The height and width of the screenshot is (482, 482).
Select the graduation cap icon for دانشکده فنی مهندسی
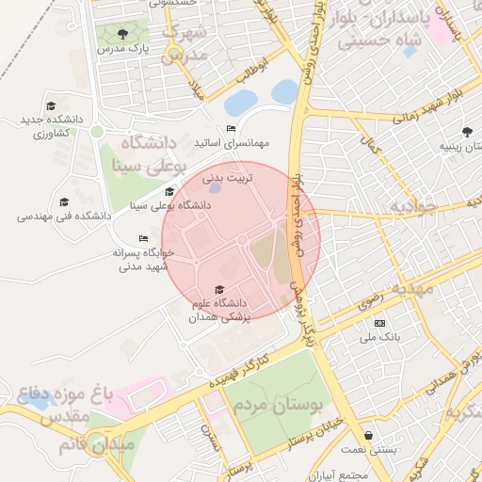[x=64, y=201]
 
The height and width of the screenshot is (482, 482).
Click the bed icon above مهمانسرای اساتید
[x=231, y=128]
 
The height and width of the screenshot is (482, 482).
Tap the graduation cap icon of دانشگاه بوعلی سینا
[x=169, y=192]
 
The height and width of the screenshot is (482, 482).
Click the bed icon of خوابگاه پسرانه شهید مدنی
[x=143, y=238]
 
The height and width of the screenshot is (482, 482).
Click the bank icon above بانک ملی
[x=379, y=323]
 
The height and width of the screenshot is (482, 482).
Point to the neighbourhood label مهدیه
[x=413, y=287]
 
